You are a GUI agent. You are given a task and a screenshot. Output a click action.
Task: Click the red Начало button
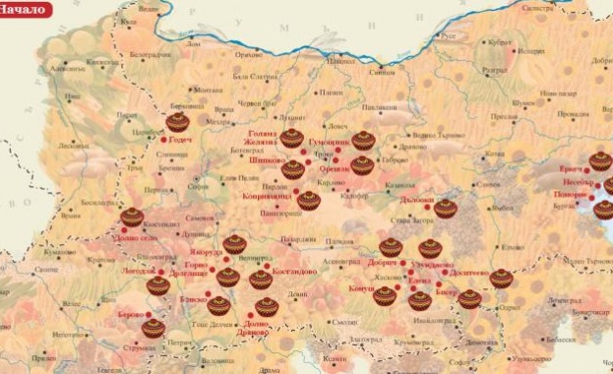point(24,9)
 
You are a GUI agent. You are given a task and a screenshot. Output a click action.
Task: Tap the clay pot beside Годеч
point(177,122)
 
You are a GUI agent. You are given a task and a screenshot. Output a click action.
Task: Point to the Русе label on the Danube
point(448,35)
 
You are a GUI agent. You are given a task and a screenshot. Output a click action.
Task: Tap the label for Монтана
point(208,90)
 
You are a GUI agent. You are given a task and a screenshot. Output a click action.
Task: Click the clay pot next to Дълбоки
point(446,208)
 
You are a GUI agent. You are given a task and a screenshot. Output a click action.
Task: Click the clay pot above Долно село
point(132,218)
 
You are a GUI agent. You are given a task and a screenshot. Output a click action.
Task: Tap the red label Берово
point(131,314)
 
